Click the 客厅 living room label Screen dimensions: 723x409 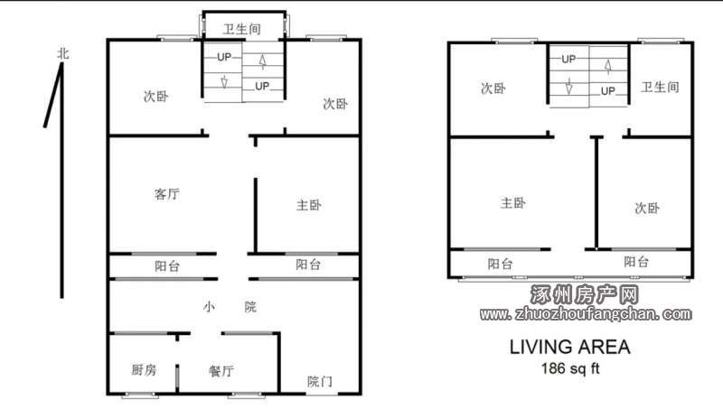tap(167, 194)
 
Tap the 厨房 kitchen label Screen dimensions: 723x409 tap(144, 369)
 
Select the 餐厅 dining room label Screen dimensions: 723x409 tap(221, 371)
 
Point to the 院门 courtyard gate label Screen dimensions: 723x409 tap(320, 381)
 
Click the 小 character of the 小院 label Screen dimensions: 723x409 tap(209, 307)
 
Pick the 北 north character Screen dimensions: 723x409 tap(63, 53)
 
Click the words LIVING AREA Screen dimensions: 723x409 tap(570, 347)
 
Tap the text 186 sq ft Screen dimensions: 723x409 tap(570, 368)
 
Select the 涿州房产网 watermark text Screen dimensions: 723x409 tap(584, 294)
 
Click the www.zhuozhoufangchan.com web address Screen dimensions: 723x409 tap(586, 314)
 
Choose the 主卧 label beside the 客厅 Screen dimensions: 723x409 tap(309, 205)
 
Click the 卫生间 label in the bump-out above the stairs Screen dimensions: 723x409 tap(242, 29)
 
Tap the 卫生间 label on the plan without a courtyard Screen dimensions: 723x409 tap(660, 87)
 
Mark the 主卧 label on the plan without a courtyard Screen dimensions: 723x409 tap(512, 202)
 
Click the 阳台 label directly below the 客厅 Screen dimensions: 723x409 tap(167, 265)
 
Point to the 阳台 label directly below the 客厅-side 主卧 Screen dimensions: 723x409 tap(308, 265)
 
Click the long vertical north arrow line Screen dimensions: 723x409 tap(61, 181)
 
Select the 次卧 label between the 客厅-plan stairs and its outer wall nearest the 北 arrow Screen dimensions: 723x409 tap(155, 97)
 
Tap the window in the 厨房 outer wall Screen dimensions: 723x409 tap(140, 395)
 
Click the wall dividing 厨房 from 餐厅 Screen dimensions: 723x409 tap(177, 378)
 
